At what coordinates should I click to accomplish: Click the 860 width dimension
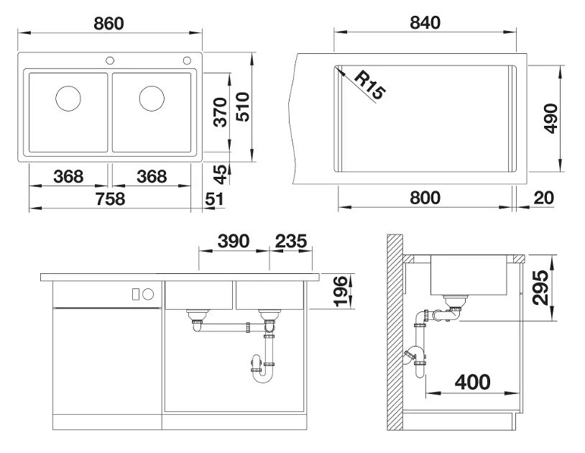(109, 23)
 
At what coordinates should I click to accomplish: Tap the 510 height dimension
(243, 106)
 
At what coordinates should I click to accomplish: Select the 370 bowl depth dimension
(221, 112)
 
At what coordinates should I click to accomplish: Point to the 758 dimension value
(110, 198)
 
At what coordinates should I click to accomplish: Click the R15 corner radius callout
(369, 86)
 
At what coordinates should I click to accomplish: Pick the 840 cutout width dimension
(425, 23)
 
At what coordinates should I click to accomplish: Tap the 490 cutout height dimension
(551, 119)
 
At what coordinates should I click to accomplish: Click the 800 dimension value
(425, 198)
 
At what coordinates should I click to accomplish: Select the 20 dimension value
(543, 198)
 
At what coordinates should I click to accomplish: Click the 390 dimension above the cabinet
(234, 241)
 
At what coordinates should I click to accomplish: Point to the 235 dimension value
(291, 241)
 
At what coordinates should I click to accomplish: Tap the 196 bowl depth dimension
(341, 291)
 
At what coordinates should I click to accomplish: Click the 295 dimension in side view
(540, 288)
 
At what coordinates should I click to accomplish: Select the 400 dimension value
(472, 382)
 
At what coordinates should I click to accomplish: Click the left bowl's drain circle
(68, 99)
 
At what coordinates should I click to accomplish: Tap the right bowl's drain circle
(152, 99)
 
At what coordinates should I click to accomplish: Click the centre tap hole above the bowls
(110, 60)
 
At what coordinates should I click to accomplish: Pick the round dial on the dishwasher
(148, 294)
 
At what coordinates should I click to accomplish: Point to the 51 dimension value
(215, 199)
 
